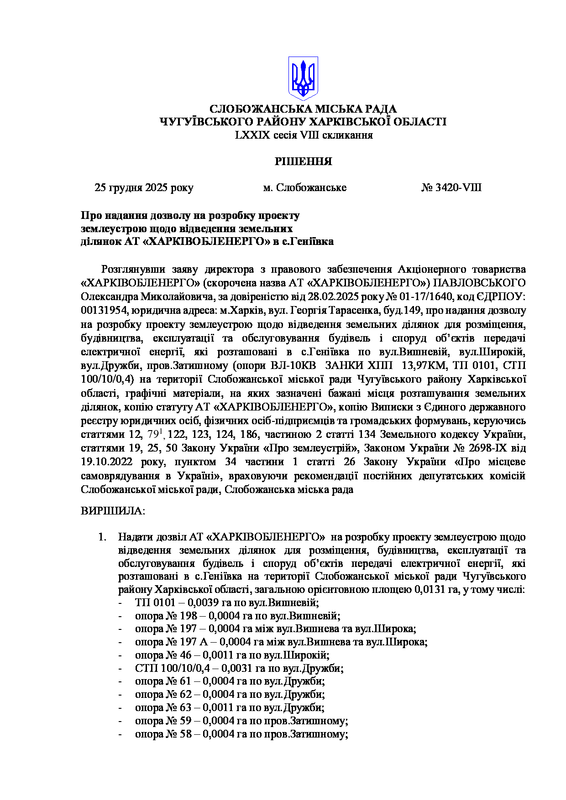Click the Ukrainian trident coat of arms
303,78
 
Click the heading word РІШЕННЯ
303,161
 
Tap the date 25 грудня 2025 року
144,187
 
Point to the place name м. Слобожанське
304,187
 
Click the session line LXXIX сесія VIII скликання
304,135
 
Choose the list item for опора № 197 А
281,642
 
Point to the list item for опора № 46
232,655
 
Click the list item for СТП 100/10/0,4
239,668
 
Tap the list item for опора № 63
230,707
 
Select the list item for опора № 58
241,734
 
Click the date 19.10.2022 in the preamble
106,462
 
